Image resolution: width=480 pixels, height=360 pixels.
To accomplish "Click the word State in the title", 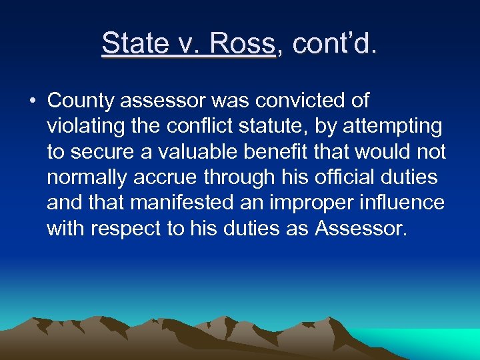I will point(134,44).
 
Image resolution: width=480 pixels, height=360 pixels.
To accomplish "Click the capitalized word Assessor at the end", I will point(360,228).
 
